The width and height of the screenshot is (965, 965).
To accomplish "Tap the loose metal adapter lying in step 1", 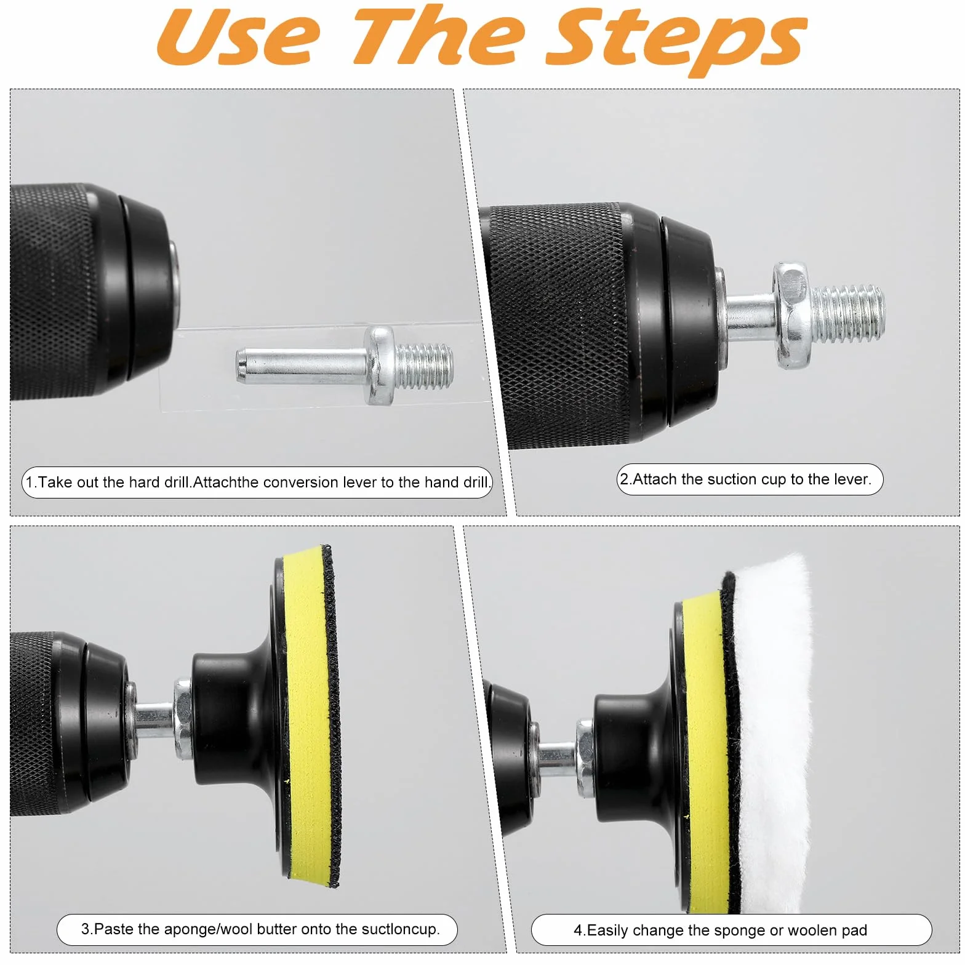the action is (x=345, y=366).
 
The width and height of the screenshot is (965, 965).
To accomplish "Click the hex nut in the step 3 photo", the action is (x=183, y=718).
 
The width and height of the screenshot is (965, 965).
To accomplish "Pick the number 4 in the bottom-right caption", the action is (x=578, y=930).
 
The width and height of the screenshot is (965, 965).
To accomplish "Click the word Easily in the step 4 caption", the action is (x=609, y=931).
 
